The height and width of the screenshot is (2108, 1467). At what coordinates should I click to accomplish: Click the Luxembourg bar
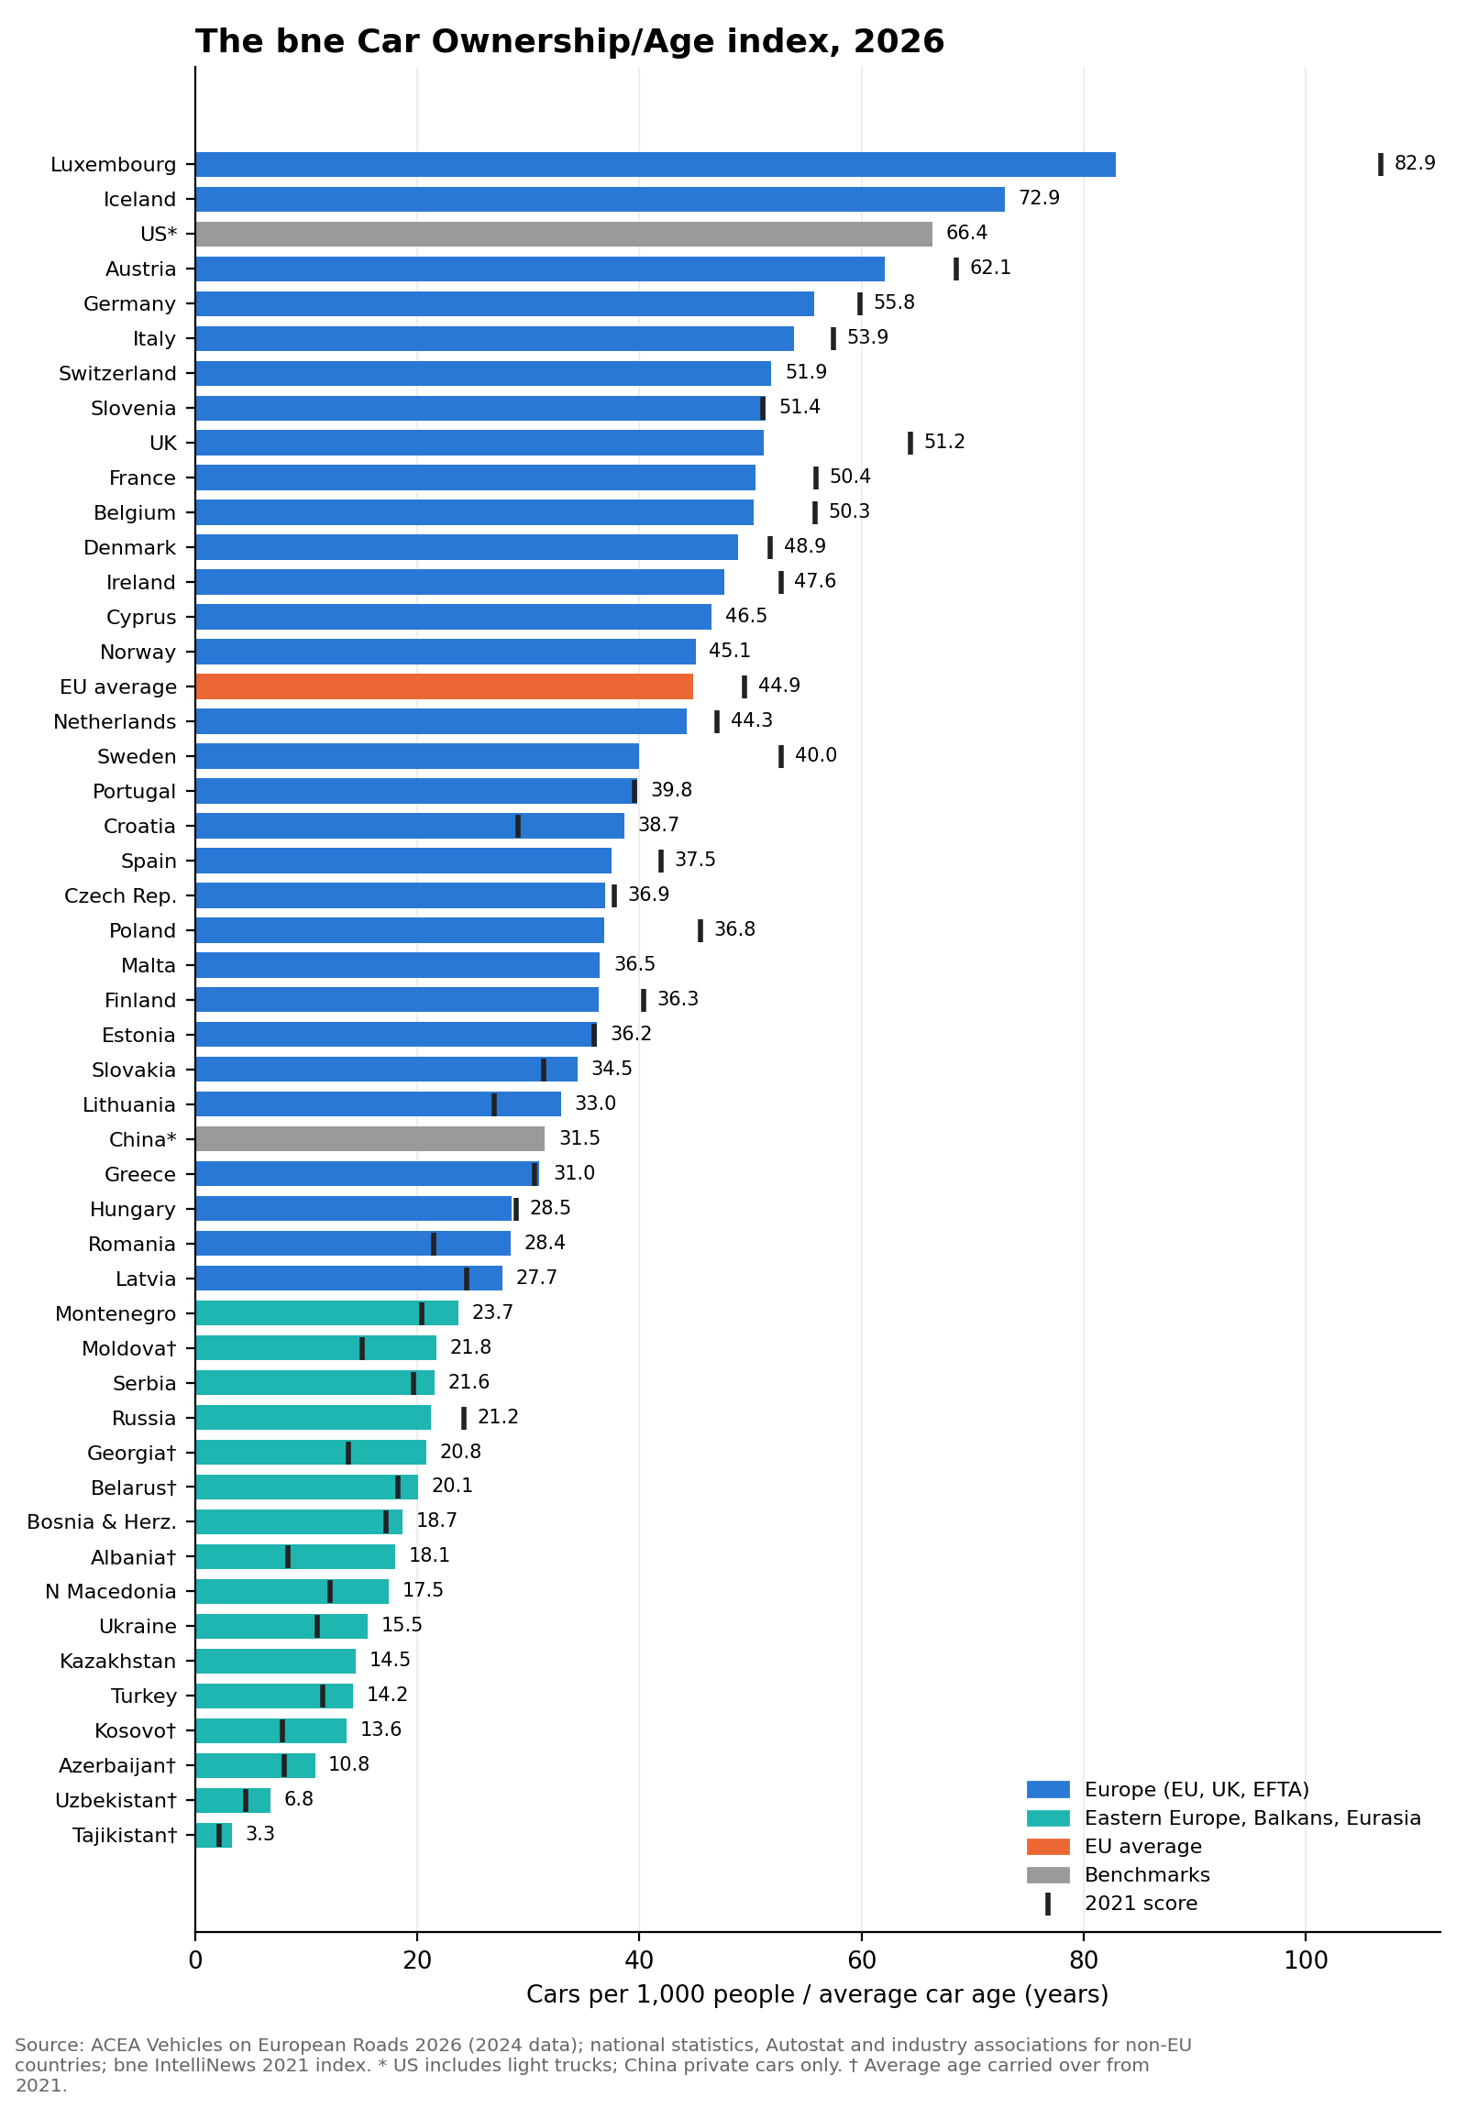[655, 164]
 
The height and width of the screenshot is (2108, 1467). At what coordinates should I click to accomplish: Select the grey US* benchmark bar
[563, 234]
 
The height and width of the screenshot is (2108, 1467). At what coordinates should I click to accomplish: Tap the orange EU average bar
[444, 686]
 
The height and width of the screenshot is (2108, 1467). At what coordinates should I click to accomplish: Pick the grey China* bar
[370, 1139]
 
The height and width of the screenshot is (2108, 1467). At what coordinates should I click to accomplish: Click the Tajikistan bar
[213, 1835]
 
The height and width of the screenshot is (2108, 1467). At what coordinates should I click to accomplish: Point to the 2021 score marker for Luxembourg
[1380, 164]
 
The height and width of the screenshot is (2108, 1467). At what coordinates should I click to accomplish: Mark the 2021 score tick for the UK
[910, 443]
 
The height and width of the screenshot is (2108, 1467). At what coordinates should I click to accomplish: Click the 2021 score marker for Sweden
[780, 756]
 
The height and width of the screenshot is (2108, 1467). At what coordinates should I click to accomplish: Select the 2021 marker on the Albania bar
[288, 1557]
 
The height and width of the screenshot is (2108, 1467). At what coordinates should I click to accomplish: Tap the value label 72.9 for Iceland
[1038, 198]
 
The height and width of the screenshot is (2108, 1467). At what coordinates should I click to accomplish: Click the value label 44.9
[778, 686]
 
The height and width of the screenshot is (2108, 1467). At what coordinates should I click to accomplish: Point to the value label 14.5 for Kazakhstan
[390, 1660]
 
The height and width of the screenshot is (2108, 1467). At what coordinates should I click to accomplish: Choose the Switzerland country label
[117, 374]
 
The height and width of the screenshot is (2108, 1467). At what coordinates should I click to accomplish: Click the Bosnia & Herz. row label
[101, 1522]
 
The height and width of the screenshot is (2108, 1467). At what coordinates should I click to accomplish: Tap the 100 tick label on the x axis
[1306, 1960]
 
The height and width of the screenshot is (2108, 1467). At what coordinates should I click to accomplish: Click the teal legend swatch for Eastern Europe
[1047, 1817]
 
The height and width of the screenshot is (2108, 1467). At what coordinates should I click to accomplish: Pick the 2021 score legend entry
[1121, 1904]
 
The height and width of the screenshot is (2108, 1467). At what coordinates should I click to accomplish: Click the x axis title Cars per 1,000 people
[817, 1995]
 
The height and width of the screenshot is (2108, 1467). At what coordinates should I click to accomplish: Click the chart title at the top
[569, 42]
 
